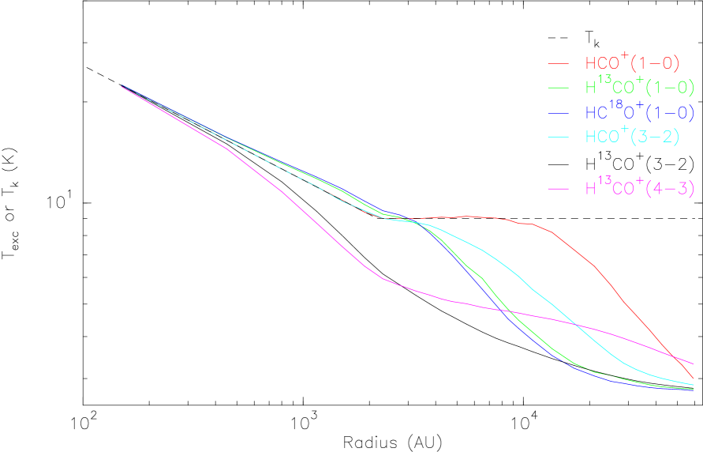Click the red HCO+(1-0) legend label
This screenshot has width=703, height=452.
(x=631, y=62)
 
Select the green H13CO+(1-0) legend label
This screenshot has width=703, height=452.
(x=638, y=87)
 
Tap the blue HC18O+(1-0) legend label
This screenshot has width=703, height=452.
(x=638, y=112)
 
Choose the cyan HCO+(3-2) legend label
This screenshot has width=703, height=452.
(x=631, y=136)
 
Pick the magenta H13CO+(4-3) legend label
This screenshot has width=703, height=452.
(x=638, y=189)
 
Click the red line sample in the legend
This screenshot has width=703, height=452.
(x=559, y=62)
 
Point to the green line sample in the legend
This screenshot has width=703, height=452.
(x=559, y=87)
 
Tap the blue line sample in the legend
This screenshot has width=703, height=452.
(x=559, y=113)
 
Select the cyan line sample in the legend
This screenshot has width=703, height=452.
(x=559, y=137)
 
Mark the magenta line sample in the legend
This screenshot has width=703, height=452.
(x=559, y=189)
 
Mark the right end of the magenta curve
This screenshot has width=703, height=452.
(x=692, y=363)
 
